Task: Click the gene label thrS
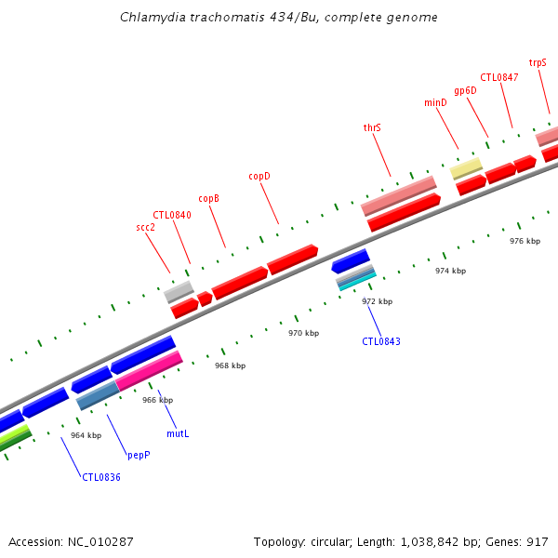coord(372,127)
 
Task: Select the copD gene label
coord(259,176)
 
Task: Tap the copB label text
coord(209,198)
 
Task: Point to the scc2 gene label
coord(145,227)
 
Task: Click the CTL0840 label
coord(172,215)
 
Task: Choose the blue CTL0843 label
coord(381,341)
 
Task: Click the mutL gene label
coord(178,433)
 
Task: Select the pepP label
coord(139,456)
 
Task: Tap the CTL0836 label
coord(101,477)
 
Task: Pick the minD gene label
coord(435,102)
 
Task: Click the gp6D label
coord(465,90)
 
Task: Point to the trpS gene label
coord(538,62)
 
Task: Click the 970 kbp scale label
coord(303,333)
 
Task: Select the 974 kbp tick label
coord(450,271)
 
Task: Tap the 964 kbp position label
coord(86,435)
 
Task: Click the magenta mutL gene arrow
coord(149,369)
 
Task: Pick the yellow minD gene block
coord(467,167)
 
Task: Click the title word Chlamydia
coord(150,18)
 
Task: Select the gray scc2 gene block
coord(179,291)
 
